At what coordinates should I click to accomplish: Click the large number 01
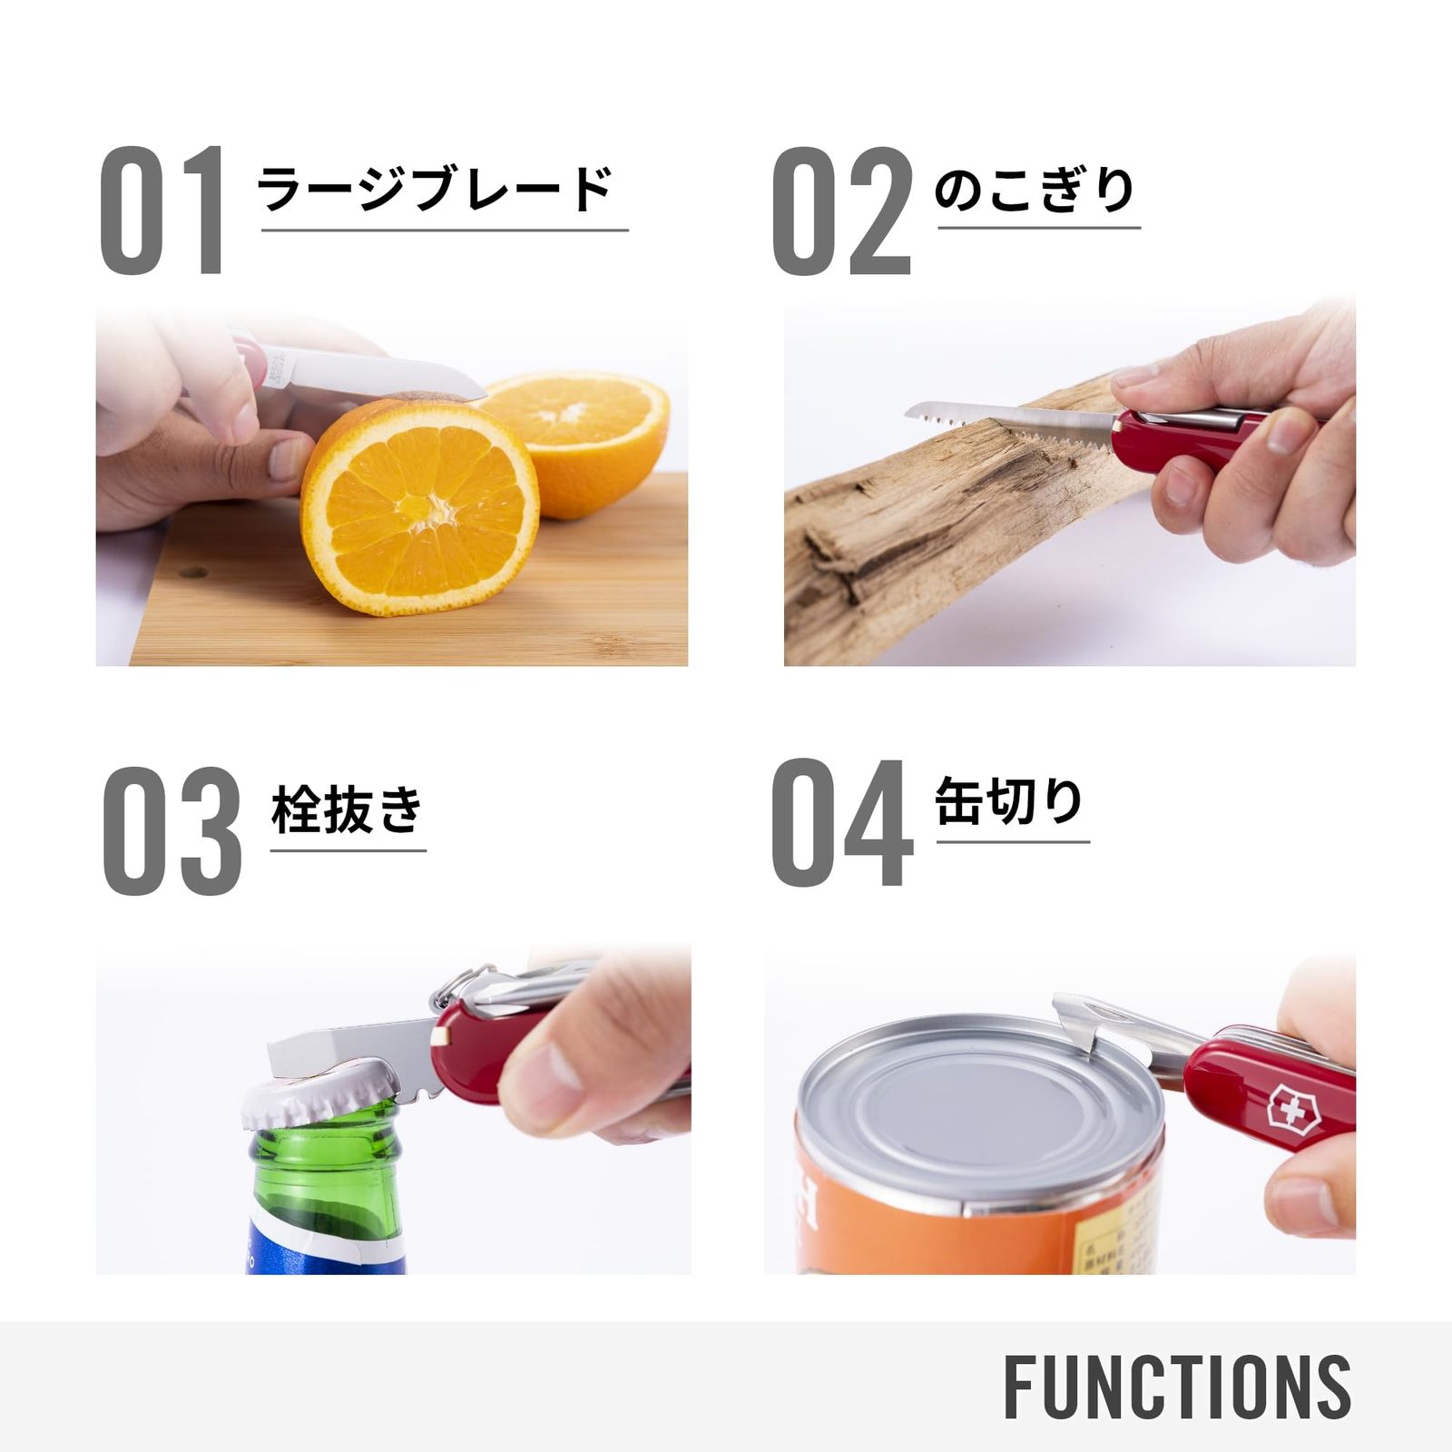point(162,211)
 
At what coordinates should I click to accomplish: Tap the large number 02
point(841,211)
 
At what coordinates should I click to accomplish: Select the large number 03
point(172,829)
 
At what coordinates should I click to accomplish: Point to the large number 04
point(841,822)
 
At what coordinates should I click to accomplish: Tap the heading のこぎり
point(1035,191)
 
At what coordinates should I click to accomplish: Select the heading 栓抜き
point(348,809)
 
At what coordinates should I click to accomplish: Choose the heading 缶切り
point(1010,802)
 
